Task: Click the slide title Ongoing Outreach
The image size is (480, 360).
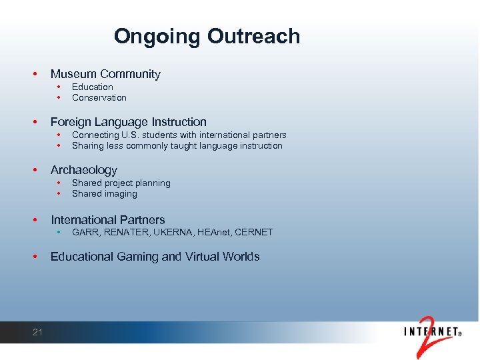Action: (207, 36)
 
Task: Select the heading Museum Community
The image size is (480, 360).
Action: (105, 74)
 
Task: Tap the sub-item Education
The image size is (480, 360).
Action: (92, 87)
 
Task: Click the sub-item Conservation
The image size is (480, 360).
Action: (99, 98)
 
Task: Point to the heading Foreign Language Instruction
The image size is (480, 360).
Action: (129, 122)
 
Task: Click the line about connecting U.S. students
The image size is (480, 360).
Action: (179, 135)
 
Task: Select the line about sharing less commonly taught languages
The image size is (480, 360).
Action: (177, 146)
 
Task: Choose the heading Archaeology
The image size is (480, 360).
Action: (83, 170)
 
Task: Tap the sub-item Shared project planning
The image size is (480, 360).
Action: (121, 183)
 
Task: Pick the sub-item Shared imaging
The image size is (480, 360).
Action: (104, 194)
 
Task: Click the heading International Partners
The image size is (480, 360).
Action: (107, 219)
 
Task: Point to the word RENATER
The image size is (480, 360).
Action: (125, 232)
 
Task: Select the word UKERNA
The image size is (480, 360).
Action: (171, 232)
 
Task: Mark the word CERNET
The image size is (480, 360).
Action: (254, 232)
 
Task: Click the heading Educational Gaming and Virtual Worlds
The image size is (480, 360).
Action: (155, 257)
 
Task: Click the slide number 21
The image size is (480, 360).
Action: (37, 332)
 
